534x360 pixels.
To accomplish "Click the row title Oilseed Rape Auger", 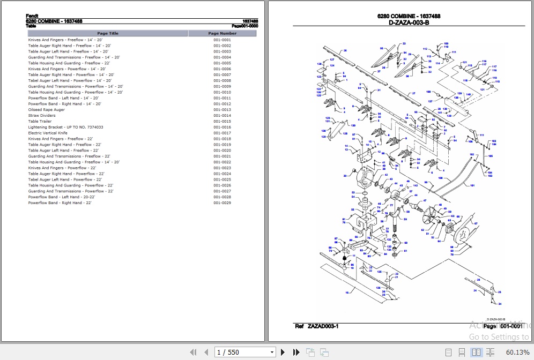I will pyautogui.click(x=47, y=110).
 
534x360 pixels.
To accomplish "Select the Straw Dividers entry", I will pyautogui.click(x=42, y=116).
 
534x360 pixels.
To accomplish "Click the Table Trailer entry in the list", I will pyautogui.click(x=40, y=122).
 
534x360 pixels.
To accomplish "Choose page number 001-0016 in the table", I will pyautogui.click(x=222, y=127).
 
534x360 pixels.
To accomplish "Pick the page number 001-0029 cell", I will pyautogui.click(x=222, y=203).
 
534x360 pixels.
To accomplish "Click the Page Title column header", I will pyautogui.click(x=108, y=33).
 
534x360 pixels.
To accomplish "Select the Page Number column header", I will pyautogui.click(x=222, y=33).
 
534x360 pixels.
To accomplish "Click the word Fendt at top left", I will pyautogui.click(x=32, y=16).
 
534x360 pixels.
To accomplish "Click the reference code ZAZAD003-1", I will pyautogui.click(x=323, y=326).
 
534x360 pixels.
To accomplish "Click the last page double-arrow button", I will pyautogui.click(x=296, y=352).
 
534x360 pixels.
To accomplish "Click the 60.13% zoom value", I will pyautogui.click(x=517, y=352).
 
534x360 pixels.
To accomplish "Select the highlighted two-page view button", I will pyautogui.click(x=476, y=352).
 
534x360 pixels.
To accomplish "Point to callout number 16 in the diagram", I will pyautogui.click(x=347, y=292).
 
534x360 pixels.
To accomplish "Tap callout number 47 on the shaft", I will pyautogui.click(x=425, y=201).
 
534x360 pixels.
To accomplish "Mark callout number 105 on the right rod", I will pyautogui.click(x=491, y=156).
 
